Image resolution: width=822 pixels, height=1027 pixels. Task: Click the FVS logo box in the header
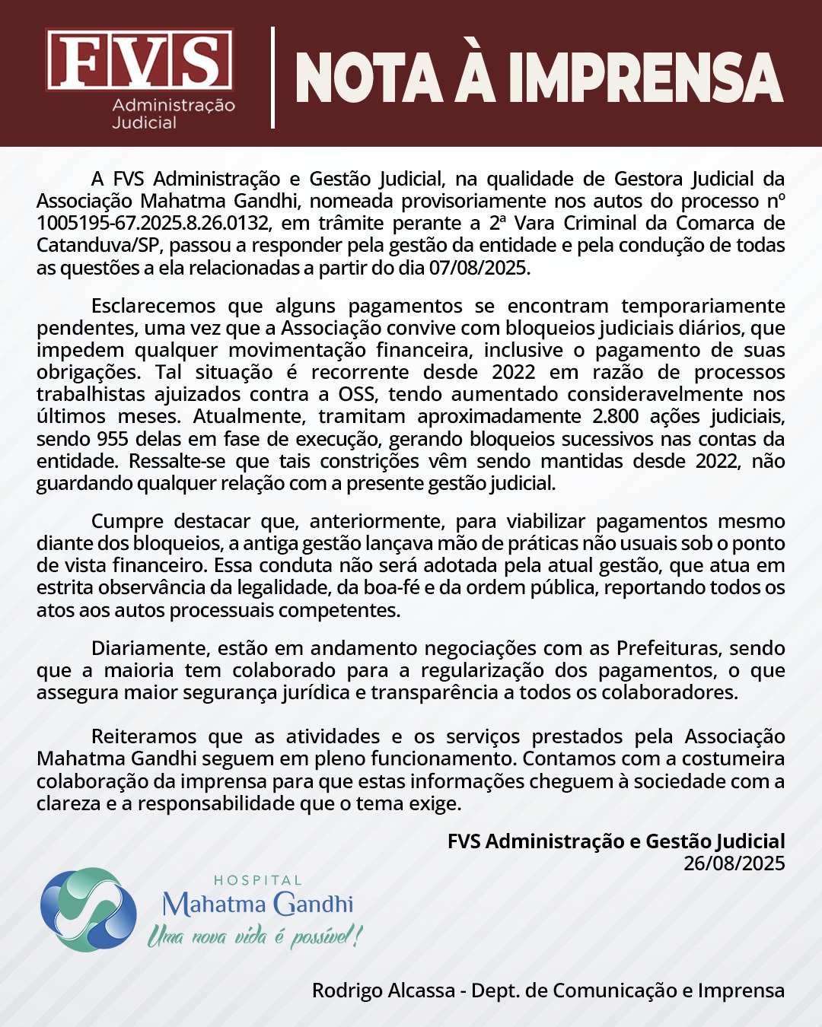(139, 60)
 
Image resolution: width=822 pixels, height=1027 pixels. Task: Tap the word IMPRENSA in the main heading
(645, 78)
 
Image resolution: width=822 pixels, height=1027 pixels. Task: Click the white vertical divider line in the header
(272, 78)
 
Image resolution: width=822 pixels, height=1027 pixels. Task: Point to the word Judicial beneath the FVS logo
(144, 123)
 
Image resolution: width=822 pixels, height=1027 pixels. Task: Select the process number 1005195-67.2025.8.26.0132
(153, 224)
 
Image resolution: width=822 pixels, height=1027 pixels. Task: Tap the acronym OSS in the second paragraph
(357, 394)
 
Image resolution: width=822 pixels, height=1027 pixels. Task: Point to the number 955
(113, 439)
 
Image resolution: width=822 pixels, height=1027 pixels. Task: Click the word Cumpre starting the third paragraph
(127, 521)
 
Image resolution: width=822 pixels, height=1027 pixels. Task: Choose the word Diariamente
(149, 648)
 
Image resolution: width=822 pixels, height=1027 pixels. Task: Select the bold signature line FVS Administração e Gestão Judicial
(616, 841)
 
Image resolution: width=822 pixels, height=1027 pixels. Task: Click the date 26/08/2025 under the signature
(734, 863)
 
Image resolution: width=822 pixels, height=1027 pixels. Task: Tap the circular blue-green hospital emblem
(88, 909)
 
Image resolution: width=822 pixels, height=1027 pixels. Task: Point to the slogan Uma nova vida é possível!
(254, 936)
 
